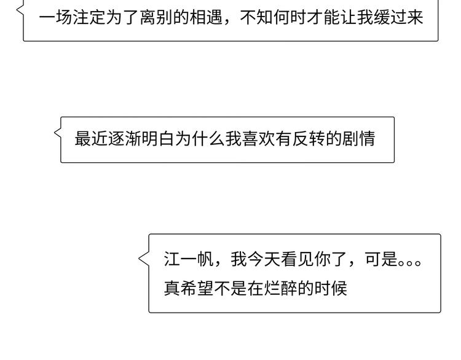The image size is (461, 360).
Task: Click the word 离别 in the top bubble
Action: (156, 18)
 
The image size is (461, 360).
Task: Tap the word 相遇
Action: (207, 18)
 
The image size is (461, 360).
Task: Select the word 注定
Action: (89, 18)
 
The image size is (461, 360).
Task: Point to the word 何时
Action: (290, 18)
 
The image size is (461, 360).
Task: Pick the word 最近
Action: (91, 139)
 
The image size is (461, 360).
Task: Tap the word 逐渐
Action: (125, 139)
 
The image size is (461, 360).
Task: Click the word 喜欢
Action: (258, 139)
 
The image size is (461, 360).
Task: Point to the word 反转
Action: (309, 139)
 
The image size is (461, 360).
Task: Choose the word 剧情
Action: (359, 139)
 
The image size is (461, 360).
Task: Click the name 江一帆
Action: (189, 259)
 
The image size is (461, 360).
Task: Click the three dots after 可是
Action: (409, 262)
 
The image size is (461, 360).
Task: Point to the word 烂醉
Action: (280, 288)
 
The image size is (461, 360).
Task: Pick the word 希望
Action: (197, 288)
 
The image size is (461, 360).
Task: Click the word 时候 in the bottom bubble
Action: (331, 288)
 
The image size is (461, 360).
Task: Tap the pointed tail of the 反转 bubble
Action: (54, 133)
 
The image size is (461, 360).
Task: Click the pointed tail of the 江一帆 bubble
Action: (139, 259)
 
